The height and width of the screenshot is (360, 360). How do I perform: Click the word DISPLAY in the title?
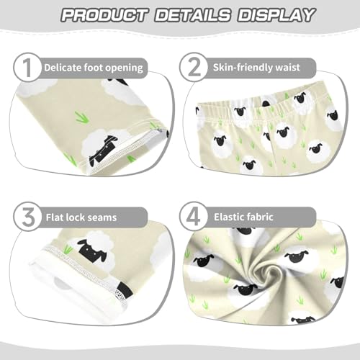(x=275, y=15)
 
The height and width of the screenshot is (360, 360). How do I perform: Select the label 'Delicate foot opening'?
(x=93, y=68)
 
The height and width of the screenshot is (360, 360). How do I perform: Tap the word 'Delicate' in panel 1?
(x=63, y=68)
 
